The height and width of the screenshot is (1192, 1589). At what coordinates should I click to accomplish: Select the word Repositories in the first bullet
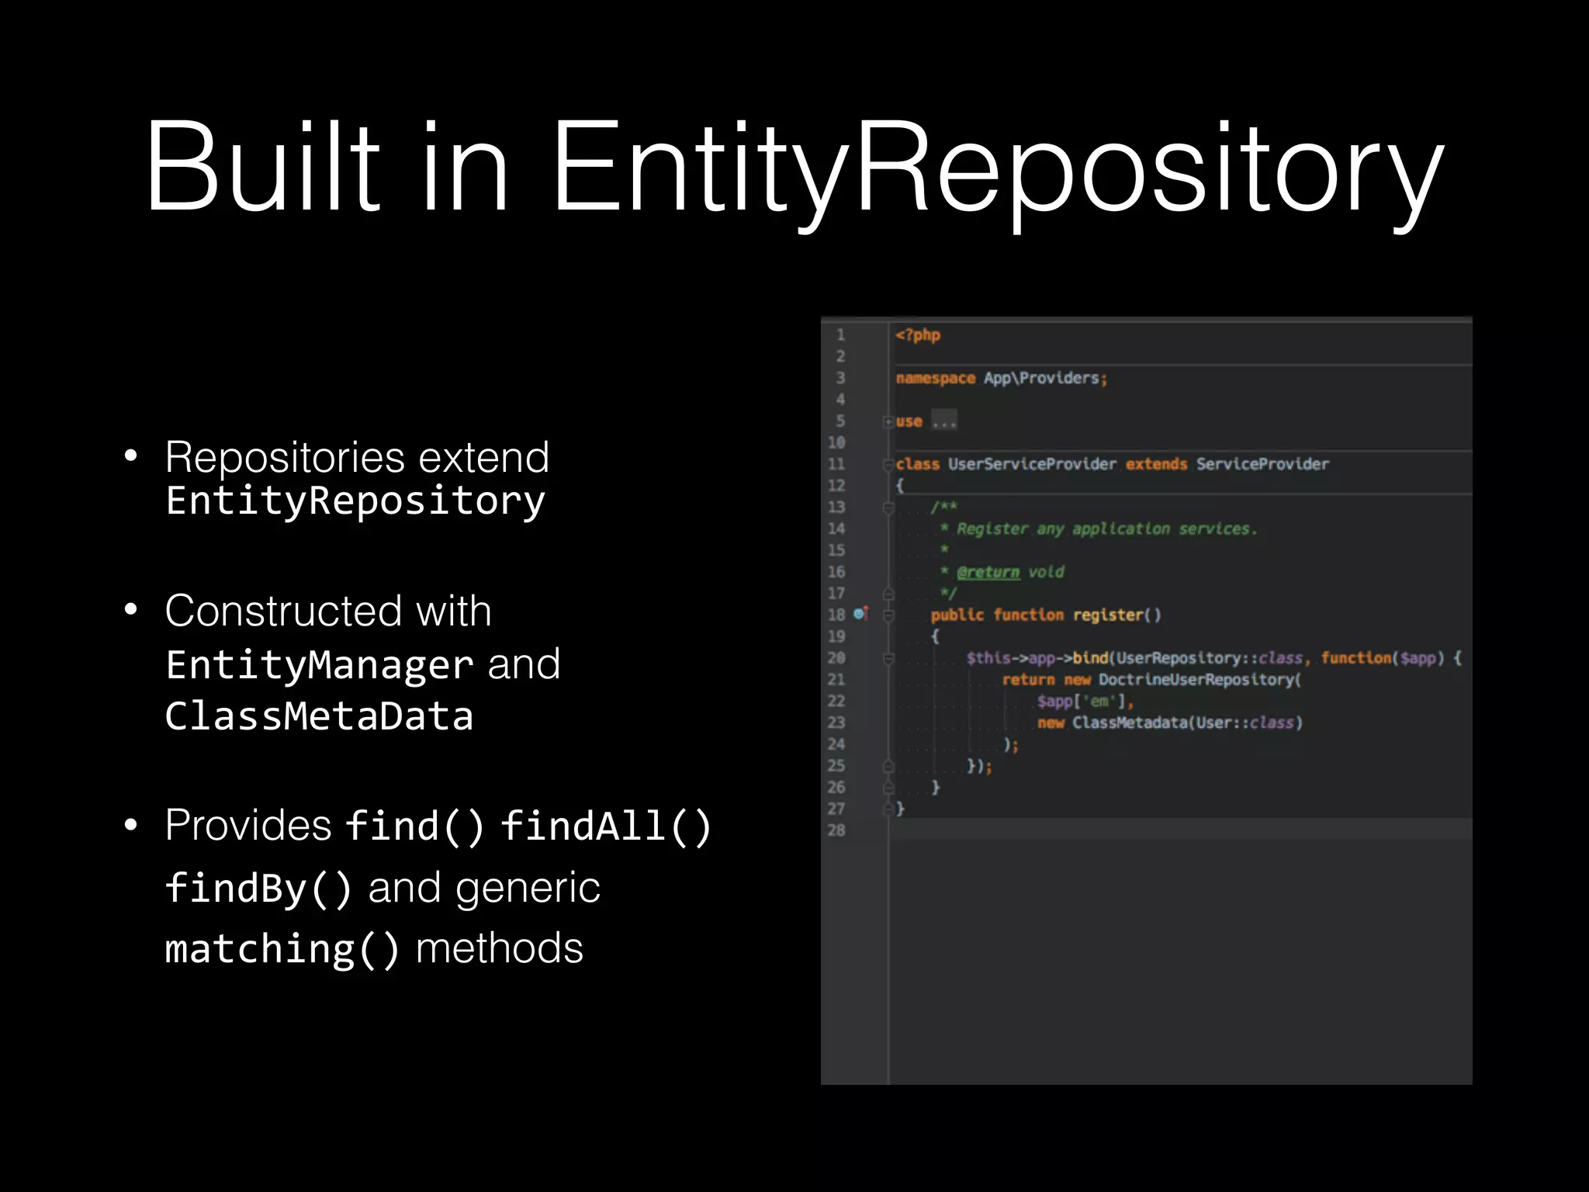[x=284, y=457]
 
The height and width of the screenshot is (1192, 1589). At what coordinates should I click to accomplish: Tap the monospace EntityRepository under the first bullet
[x=355, y=501]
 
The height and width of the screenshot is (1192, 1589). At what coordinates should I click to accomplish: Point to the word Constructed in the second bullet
[x=283, y=611]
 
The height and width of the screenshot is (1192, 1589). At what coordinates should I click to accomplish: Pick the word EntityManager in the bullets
[x=319, y=665]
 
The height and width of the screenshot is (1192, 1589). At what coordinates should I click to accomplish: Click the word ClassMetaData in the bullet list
[x=319, y=716]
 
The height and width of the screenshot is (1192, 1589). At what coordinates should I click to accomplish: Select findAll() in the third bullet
[x=606, y=826]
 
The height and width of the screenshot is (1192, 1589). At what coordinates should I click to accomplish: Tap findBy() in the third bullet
[x=258, y=889]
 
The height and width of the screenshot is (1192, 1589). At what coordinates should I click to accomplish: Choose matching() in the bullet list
[x=282, y=949]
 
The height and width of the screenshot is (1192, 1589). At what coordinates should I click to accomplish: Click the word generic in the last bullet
[x=528, y=889]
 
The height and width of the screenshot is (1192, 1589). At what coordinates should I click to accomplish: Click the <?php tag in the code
[x=917, y=335]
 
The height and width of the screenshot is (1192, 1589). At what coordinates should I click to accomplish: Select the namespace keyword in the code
[x=935, y=379]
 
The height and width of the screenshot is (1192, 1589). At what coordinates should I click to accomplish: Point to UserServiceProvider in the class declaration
[x=1032, y=464]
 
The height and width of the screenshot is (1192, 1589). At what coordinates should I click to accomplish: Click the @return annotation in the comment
[x=988, y=572]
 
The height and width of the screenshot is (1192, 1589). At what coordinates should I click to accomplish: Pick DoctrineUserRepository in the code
[x=1199, y=680]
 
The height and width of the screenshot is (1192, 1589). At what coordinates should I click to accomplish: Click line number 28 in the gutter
[x=836, y=830]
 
